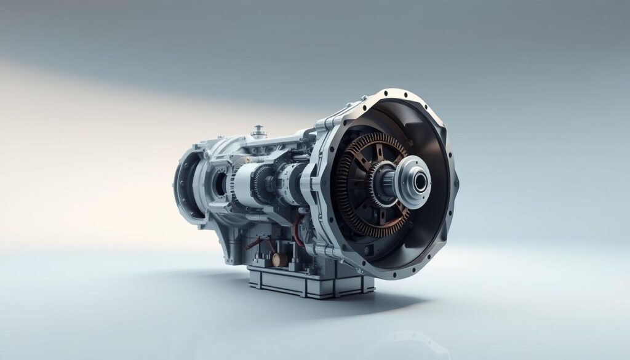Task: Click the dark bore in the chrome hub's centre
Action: tap(421, 182)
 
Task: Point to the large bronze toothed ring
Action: tap(348, 185)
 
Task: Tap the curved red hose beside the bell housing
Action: tap(300, 228)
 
